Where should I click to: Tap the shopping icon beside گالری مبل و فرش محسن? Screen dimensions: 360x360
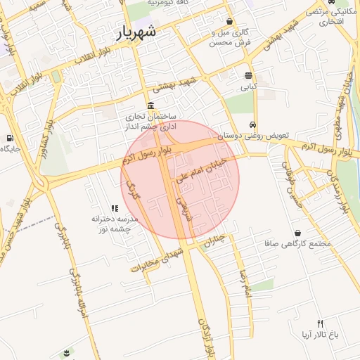coord(230,22)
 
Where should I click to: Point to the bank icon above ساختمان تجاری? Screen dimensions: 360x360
coord(151,105)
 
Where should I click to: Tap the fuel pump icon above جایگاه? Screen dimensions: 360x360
coord(9,138)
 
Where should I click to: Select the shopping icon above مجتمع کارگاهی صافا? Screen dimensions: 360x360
coord(300,233)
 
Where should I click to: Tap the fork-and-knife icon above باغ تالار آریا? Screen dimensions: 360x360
coord(321,323)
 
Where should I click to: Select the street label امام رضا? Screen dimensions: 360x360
coord(245,282)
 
